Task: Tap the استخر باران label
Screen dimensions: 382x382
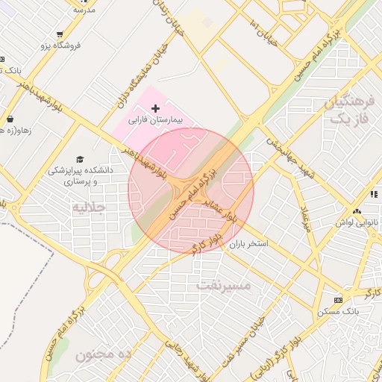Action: [248, 244]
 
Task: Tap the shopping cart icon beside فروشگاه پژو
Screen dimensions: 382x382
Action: [59, 34]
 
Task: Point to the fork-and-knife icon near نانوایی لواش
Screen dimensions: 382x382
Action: [371, 193]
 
